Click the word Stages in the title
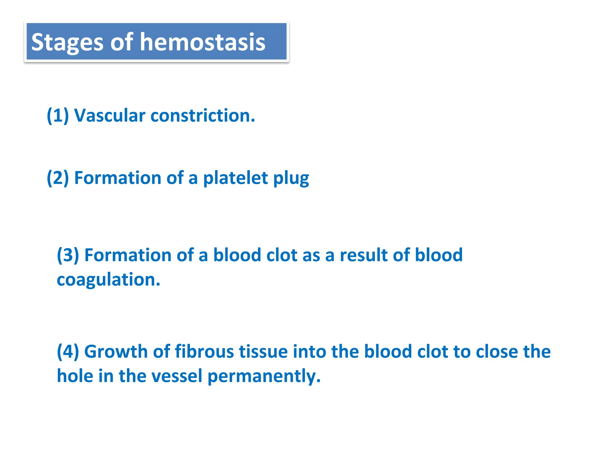point(67,43)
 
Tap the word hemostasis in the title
point(203,42)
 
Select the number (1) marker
point(58,115)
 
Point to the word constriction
point(203,115)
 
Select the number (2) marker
point(58,178)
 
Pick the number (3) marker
point(68,255)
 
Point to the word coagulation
point(108,280)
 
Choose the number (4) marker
point(68,351)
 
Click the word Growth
point(116,351)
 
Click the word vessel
point(177,376)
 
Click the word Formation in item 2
point(118,178)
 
